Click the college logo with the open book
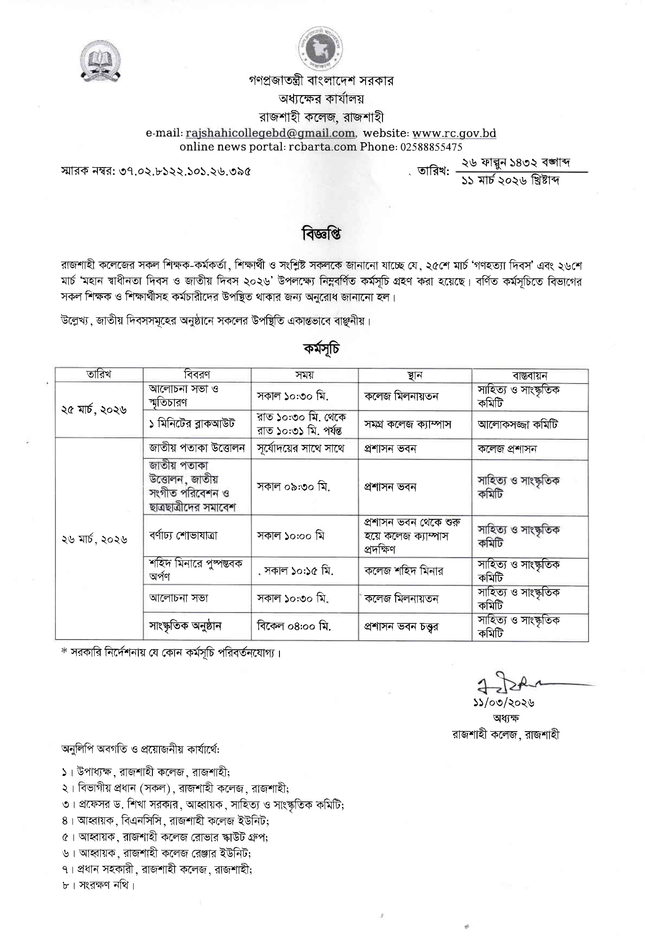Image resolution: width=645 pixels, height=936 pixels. click(x=100, y=62)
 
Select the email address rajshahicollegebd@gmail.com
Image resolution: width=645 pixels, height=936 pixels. click(x=270, y=133)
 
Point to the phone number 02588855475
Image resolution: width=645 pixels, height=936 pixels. click(x=431, y=146)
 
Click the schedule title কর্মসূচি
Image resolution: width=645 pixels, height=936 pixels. click(x=322, y=349)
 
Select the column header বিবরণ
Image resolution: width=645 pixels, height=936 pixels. click(x=197, y=375)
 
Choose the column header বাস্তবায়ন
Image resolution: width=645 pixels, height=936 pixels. click(x=530, y=375)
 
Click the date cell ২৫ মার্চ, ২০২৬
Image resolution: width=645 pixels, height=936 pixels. click(x=94, y=410)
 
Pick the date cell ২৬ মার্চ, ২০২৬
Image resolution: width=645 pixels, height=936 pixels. click(x=94, y=540)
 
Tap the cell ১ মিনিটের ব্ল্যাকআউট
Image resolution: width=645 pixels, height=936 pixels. click(x=192, y=424)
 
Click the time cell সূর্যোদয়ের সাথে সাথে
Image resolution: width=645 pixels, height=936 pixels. click(x=301, y=449)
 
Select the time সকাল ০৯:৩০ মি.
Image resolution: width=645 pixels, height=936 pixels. click(x=294, y=487)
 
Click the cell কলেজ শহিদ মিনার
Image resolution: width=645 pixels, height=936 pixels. click(x=404, y=571)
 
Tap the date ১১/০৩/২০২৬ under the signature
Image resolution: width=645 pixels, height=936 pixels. click(x=503, y=703)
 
